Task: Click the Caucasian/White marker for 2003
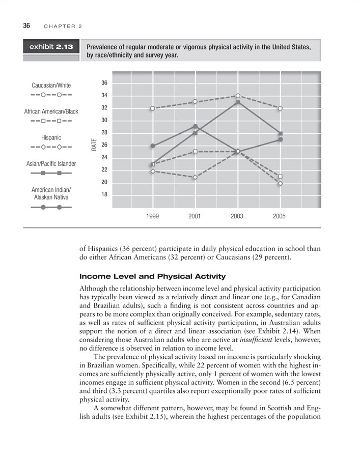(238, 96)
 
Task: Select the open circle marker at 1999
(152, 108)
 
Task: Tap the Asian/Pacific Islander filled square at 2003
(238, 102)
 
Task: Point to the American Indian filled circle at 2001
(195, 126)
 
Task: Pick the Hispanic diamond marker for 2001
(195, 177)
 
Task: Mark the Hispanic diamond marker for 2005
(281, 183)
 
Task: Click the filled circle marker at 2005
(281, 139)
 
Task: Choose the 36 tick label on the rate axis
(104, 83)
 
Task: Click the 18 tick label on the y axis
(104, 194)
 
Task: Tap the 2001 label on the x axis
(195, 216)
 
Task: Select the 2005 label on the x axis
(279, 216)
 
